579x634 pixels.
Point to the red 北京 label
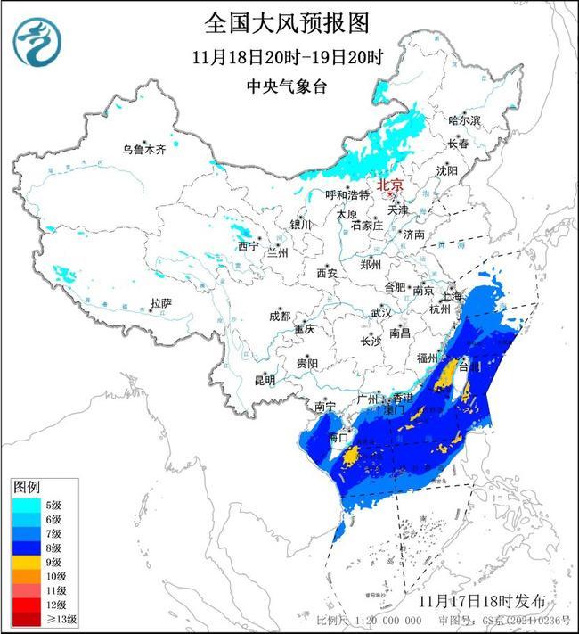[x=391, y=185]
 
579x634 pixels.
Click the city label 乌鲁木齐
[x=144, y=149]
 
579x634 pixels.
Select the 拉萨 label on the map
[x=160, y=303]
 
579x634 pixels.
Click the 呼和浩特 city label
[x=346, y=194]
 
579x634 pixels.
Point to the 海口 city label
[x=337, y=438]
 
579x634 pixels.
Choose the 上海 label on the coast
[x=452, y=295]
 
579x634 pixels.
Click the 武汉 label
[x=381, y=313]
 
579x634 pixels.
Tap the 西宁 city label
[x=249, y=245]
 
